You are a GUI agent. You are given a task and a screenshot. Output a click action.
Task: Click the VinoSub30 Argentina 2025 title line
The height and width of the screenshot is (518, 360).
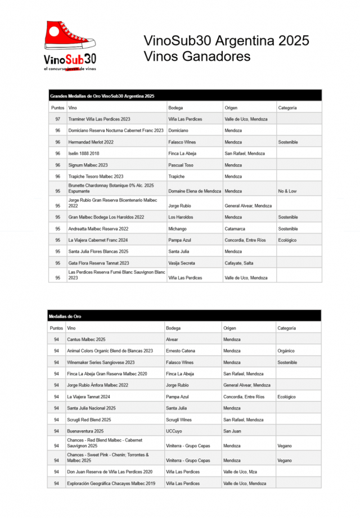pyautogui.click(x=226, y=41)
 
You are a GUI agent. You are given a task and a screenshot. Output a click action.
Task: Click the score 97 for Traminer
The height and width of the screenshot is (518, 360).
pyautogui.click(x=58, y=119)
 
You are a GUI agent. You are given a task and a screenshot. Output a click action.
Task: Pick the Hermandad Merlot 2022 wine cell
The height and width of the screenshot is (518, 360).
pyautogui.click(x=91, y=142)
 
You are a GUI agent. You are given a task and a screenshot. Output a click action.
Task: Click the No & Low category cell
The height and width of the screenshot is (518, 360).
pyautogui.click(x=287, y=191)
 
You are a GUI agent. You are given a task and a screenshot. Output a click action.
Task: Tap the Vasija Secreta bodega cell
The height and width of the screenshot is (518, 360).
pyautogui.click(x=182, y=263)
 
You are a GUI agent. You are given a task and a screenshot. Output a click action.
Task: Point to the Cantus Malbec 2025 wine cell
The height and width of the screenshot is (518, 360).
pyautogui.click(x=86, y=340)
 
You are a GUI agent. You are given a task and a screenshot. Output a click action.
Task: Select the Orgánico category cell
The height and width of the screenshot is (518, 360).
pyautogui.click(x=286, y=351)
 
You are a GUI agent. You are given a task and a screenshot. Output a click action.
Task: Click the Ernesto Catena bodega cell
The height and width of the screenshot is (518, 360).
pyautogui.click(x=181, y=351)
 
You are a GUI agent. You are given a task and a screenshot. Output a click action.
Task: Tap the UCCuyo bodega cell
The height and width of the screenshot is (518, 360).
pyautogui.click(x=173, y=431)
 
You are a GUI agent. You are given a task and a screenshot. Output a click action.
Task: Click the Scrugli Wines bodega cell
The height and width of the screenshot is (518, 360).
pyautogui.click(x=179, y=420)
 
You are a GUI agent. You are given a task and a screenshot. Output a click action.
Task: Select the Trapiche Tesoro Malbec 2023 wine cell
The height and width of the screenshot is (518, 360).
pyautogui.click(x=96, y=177)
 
